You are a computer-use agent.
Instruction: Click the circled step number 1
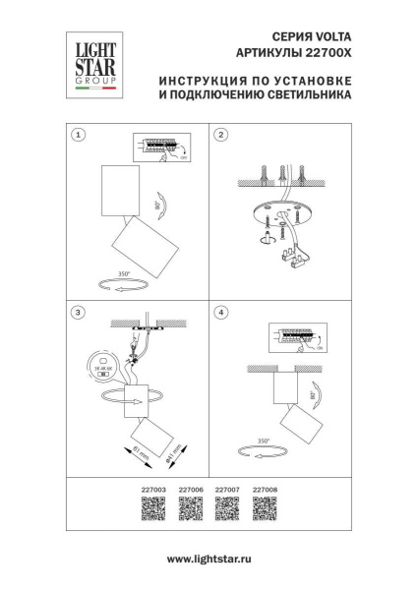point(80,135)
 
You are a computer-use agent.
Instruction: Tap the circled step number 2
point(221,135)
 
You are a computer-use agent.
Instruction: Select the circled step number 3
point(80,313)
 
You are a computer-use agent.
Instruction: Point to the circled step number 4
point(221,313)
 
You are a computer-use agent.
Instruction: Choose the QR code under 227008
point(265,508)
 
